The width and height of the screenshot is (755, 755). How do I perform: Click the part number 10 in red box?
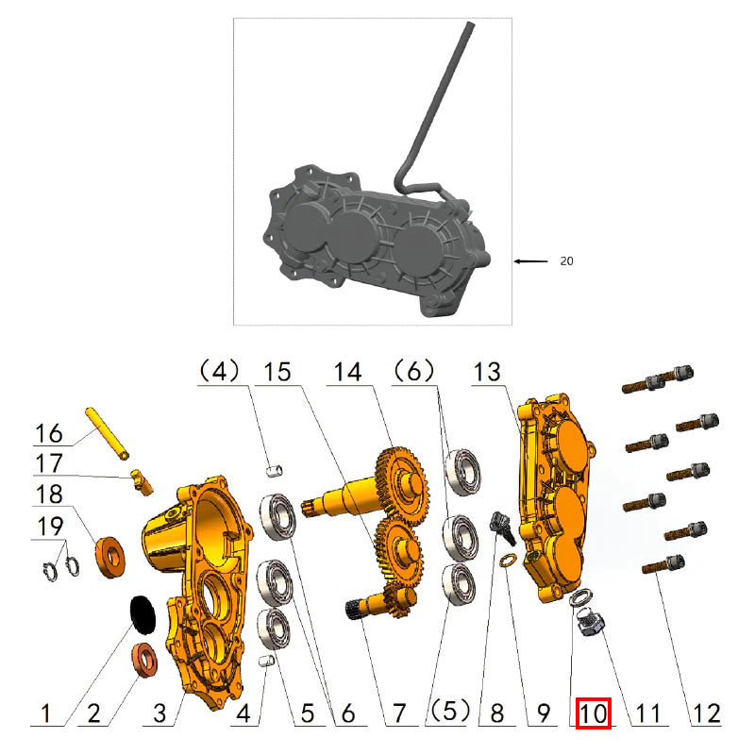click(595, 713)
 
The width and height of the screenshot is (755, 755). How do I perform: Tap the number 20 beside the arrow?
click(566, 261)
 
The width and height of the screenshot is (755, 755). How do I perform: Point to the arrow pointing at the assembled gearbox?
click(531, 260)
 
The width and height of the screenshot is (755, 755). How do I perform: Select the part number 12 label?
click(706, 713)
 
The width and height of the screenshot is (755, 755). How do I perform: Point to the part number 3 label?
click(159, 713)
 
